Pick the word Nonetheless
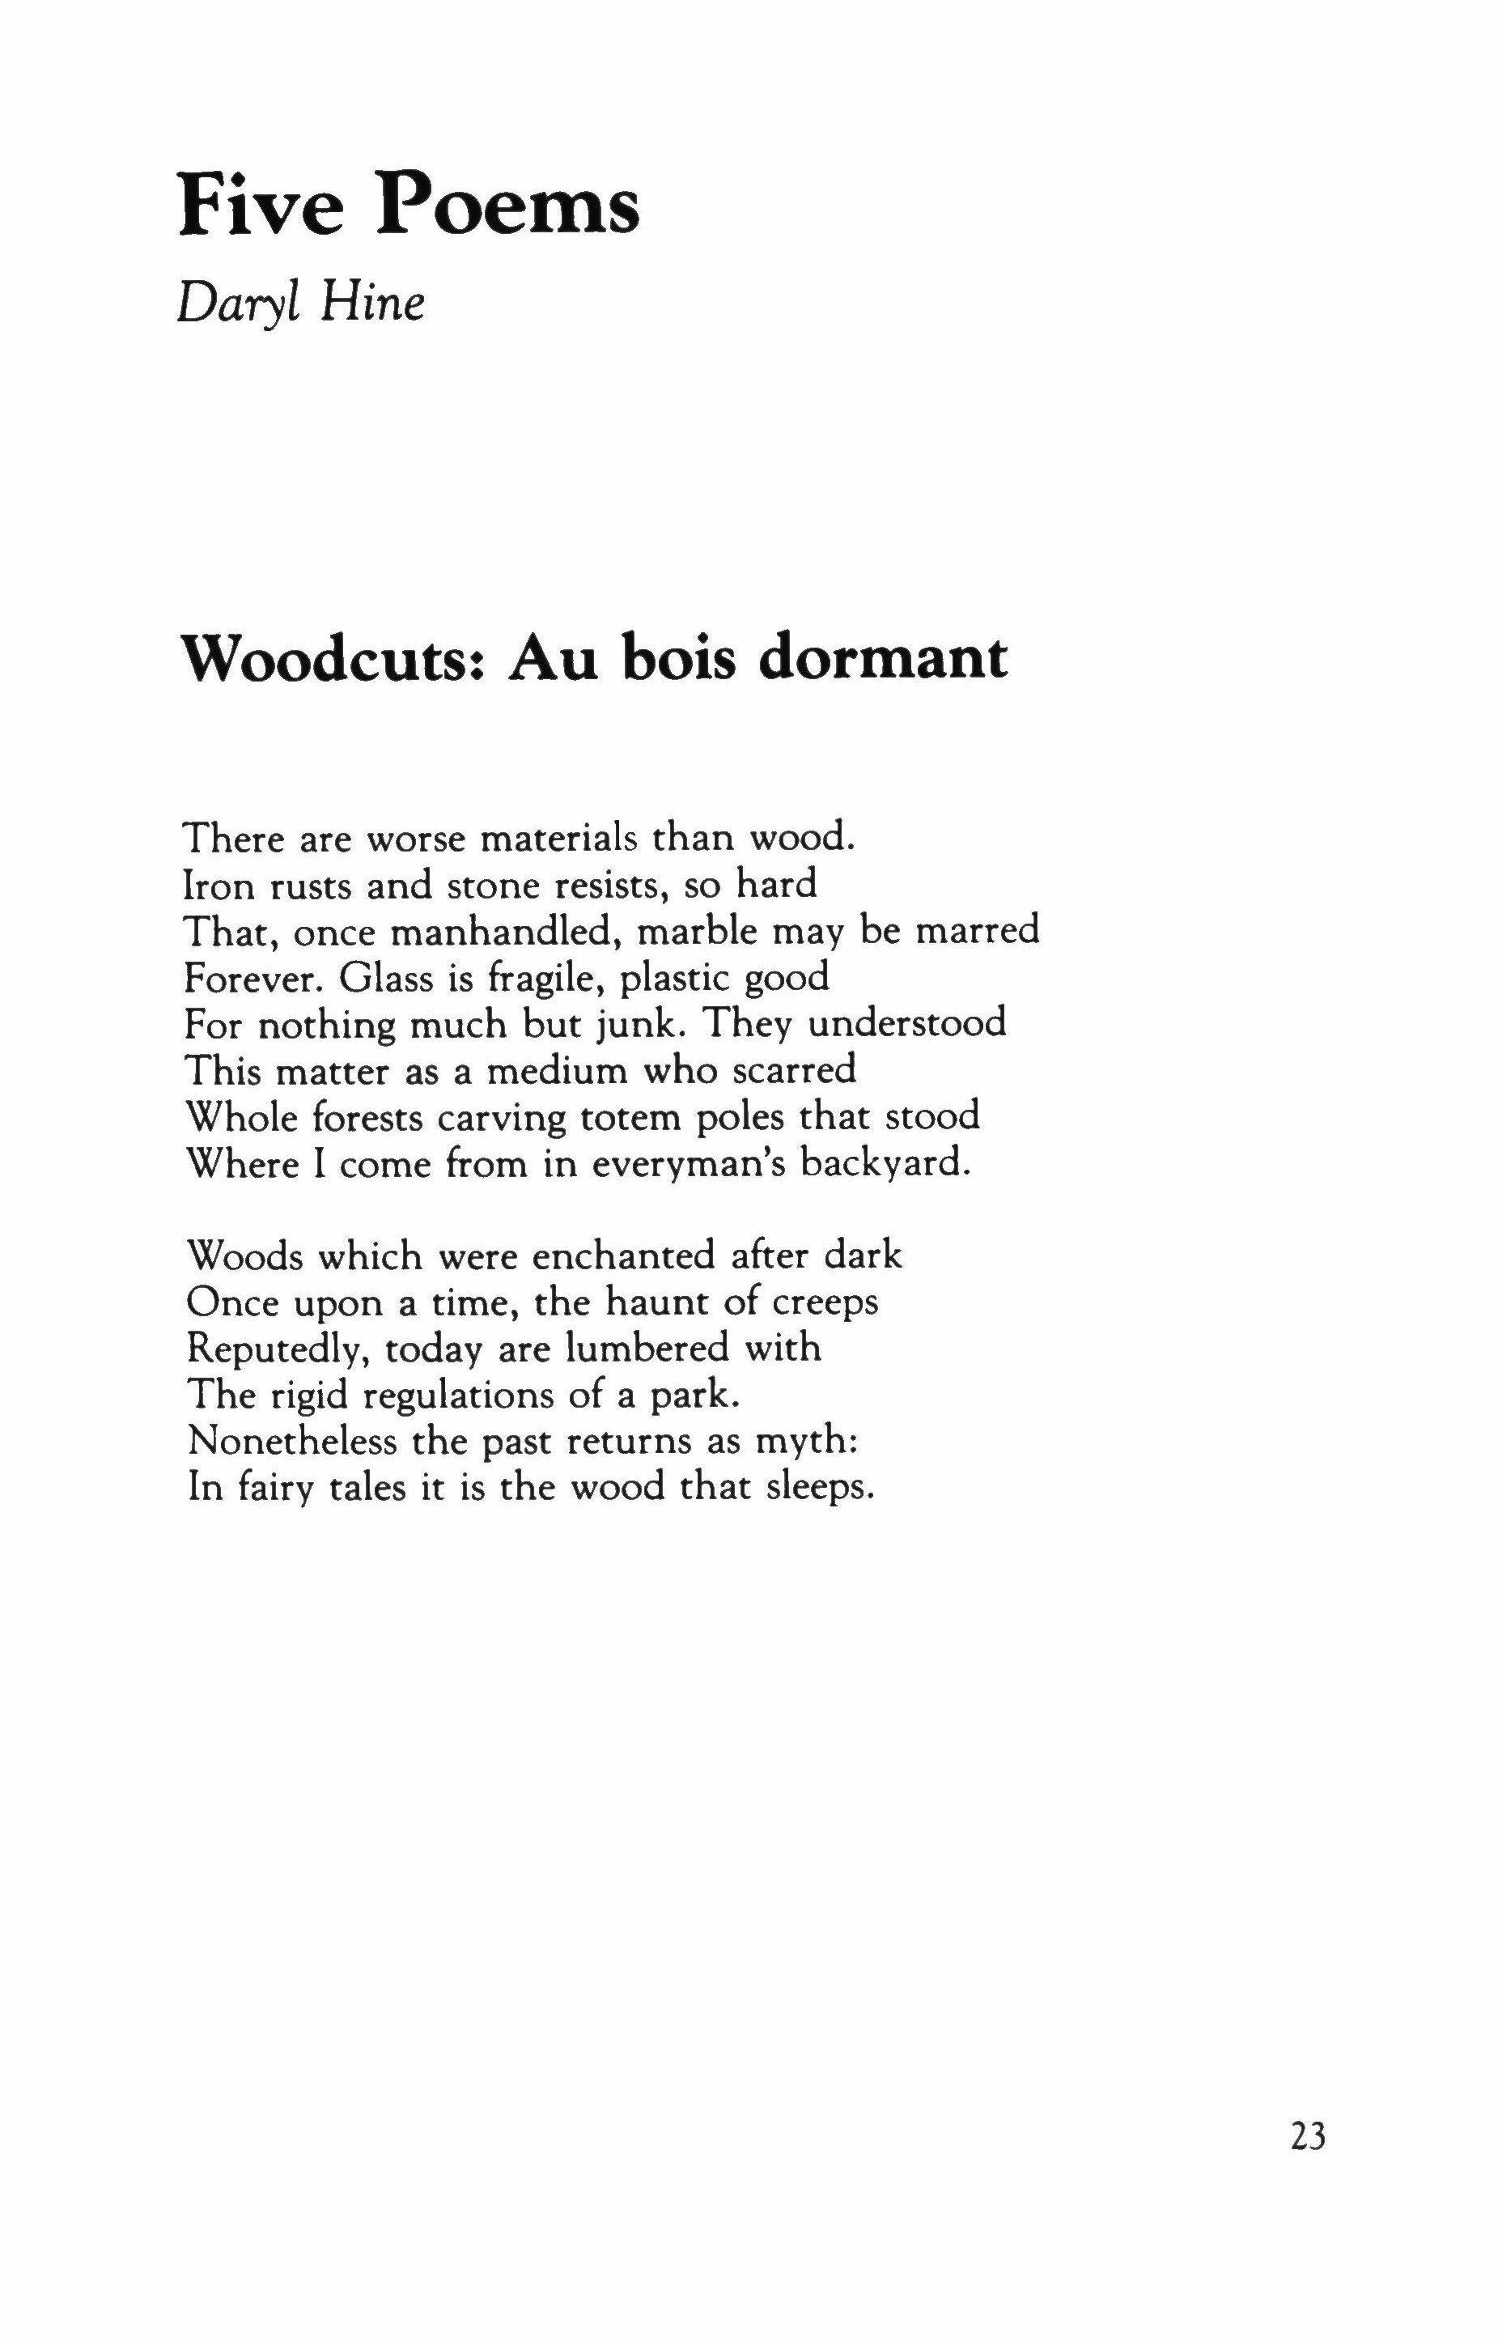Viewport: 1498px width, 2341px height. click(x=292, y=1441)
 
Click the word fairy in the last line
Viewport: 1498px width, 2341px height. click(x=274, y=1489)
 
